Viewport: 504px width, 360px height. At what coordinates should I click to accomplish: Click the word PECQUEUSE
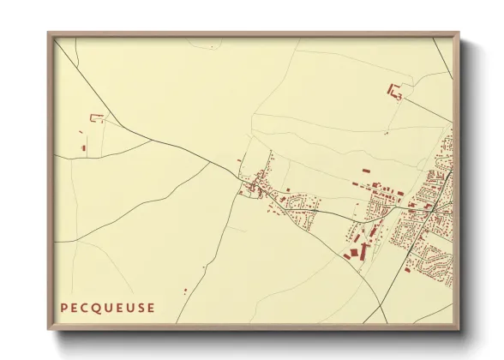[108, 307]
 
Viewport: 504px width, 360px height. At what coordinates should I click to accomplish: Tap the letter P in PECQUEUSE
[63, 307]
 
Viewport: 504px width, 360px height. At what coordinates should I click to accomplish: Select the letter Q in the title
[97, 307]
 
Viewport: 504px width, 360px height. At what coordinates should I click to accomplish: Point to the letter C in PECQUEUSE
[85, 307]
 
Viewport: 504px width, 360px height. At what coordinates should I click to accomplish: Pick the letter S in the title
[141, 307]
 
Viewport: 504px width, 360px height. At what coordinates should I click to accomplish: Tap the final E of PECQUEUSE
[153, 307]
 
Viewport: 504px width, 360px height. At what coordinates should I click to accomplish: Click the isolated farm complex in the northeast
[395, 91]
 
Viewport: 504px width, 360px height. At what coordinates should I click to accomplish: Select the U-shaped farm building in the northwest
[96, 118]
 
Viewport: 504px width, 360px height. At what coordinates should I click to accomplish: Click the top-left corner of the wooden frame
[49, 33]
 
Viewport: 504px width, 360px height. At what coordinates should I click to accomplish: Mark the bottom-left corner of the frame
[49, 329]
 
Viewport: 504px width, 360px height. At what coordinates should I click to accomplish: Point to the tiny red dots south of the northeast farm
[387, 133]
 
